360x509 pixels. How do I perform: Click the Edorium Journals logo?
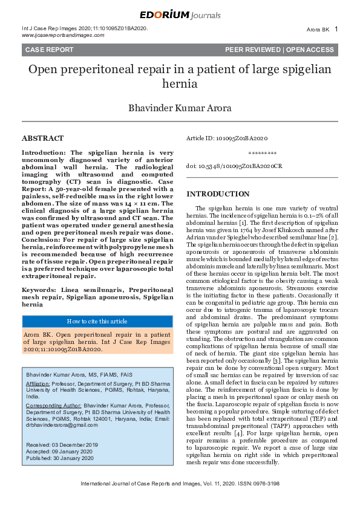(180, 15)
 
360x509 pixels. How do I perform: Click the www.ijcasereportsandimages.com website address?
(62, 35)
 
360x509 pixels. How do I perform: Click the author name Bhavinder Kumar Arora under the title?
(180, 109)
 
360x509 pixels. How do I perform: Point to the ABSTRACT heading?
(42, 138)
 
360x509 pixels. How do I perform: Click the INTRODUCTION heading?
(218, 193)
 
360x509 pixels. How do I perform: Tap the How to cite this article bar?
(97, 321)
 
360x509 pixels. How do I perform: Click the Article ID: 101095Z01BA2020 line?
(227, 138)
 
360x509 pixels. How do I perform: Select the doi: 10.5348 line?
(234, 165)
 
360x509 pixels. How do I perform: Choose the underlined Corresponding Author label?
(54, 405)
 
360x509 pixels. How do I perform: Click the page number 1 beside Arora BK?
(336, 28)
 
